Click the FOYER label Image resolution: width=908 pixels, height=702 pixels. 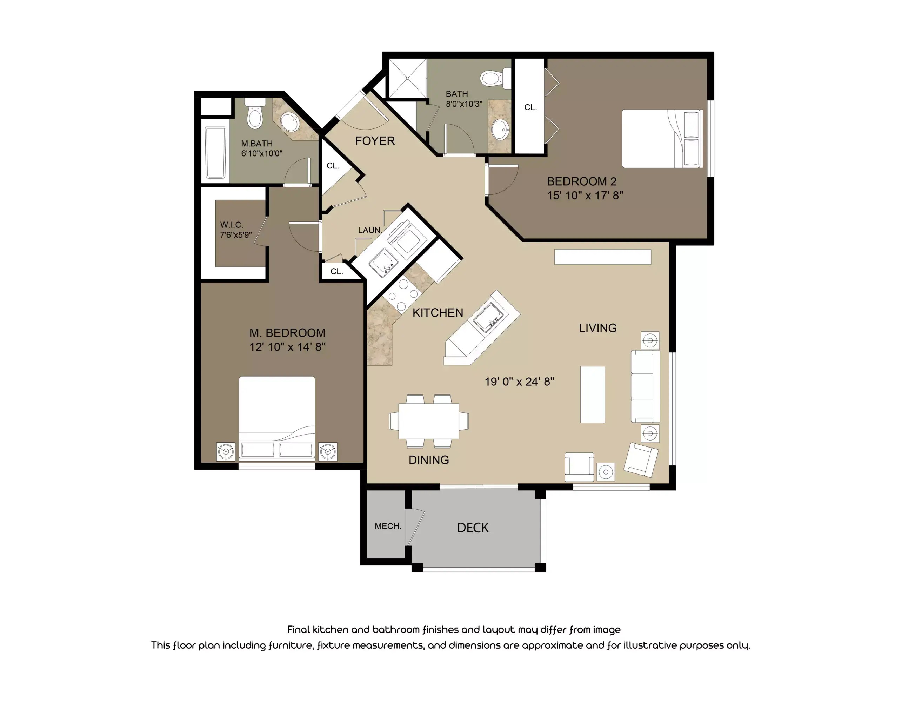[x=375, y=141]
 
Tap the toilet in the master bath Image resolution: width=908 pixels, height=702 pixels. [x=254, y=115]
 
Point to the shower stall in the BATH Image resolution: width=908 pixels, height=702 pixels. [x=407, y=78]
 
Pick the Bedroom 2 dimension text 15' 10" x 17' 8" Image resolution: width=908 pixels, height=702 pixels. [x=585, y=196]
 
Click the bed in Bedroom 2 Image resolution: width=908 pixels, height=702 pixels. [x=661, y=139]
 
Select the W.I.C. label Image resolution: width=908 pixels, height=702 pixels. [x=232, y=225]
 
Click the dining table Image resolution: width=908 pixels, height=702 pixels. [x=429, y=421]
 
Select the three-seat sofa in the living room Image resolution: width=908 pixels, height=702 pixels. [x=645, y=386]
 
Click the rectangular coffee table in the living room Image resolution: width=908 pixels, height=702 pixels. [x=592, y=394]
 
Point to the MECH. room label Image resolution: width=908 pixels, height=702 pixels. [x=387, y=526]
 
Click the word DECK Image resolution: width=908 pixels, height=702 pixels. [x=473, y=528]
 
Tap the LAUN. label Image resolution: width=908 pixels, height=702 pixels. [x=369, y=230]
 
